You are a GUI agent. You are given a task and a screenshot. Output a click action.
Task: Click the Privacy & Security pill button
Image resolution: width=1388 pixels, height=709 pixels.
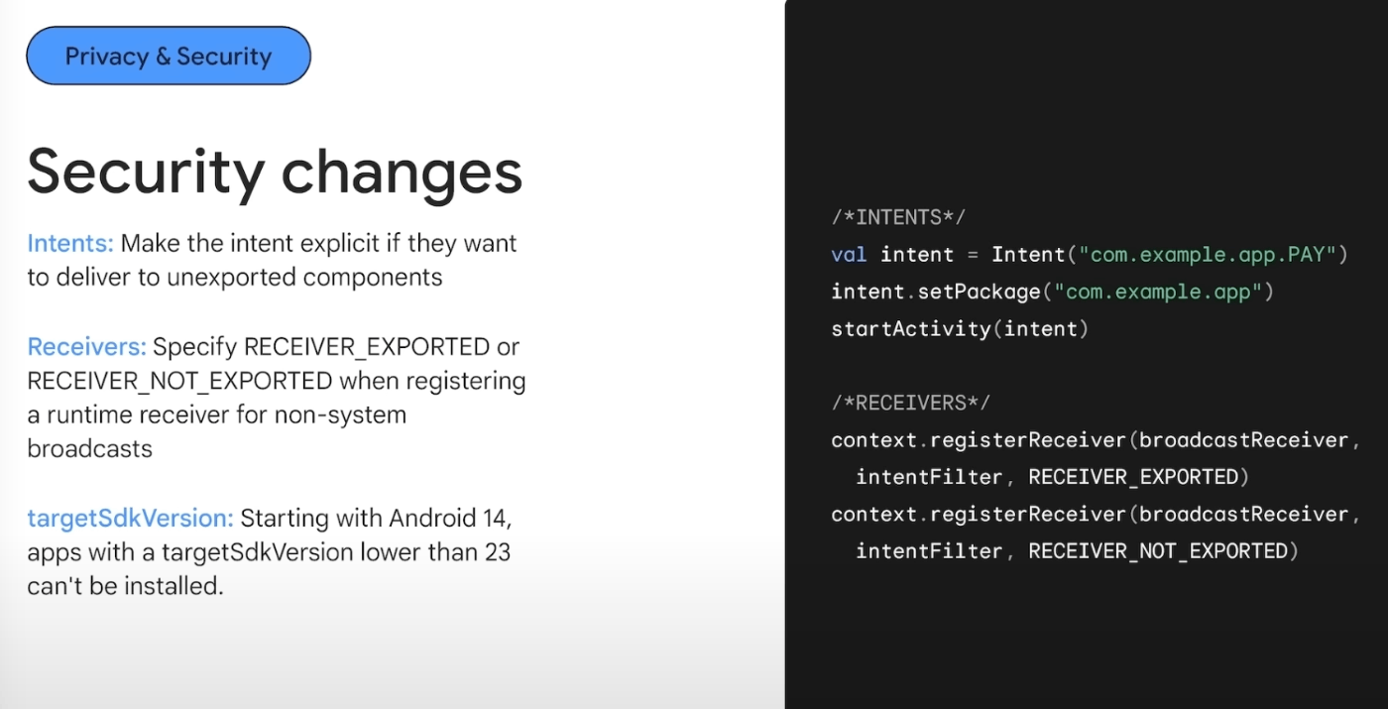(168, 56)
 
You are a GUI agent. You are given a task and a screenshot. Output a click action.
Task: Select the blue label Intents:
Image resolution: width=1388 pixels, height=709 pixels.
(70, 244)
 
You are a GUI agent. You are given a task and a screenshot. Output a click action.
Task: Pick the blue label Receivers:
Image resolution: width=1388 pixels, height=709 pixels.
(86, 347)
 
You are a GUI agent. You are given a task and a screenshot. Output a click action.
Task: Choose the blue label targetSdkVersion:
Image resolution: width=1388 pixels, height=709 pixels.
(130, 518)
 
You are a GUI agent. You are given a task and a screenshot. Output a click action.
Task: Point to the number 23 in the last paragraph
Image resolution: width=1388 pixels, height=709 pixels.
(497, 551)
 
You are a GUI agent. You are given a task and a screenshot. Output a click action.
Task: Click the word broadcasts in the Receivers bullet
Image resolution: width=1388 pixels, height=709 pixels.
(89, 448)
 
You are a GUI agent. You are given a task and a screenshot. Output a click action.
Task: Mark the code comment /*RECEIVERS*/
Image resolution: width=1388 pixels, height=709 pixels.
(910, 403)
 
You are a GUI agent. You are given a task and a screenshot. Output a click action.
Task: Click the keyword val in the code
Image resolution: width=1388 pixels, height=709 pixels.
(850, 255)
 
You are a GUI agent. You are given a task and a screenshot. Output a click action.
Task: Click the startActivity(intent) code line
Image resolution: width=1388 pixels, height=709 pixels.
(960, 328)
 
